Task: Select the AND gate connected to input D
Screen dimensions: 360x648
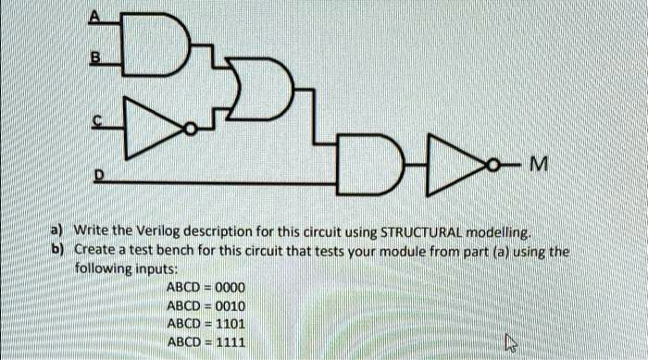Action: [370, 167]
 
